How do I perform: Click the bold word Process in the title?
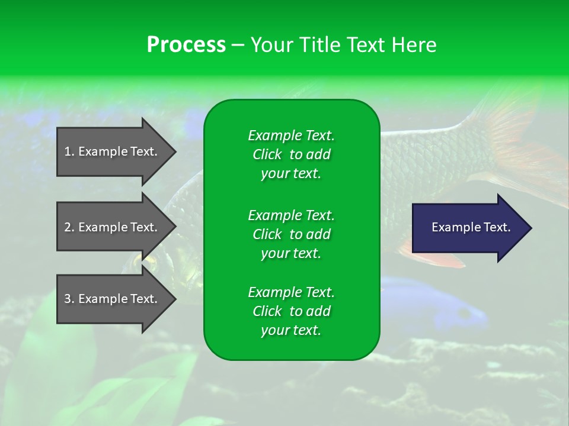[186, 45]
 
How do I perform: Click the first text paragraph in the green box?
[291, 154]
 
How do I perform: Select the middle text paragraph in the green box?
[291, 234]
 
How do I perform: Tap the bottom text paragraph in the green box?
[291, 311]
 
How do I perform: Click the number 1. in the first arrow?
[69, 151]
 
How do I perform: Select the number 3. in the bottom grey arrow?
[69, 299]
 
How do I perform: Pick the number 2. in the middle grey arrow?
[69, 227]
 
